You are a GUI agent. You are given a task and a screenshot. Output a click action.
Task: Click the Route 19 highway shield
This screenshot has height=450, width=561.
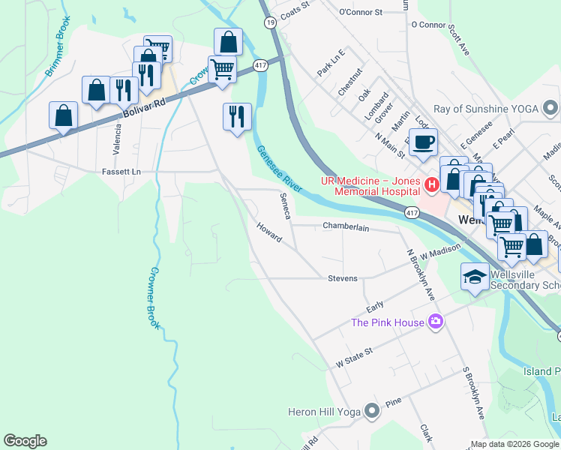[269, 23]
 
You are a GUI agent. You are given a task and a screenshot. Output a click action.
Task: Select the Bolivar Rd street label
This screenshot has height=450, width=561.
[141, 107]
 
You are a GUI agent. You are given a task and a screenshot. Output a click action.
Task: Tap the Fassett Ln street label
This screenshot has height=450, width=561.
[121, 172]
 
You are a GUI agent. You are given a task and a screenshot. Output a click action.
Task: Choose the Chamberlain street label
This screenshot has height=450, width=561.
[346, 226]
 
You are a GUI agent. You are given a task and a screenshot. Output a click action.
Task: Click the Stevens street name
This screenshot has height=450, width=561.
[343, 278]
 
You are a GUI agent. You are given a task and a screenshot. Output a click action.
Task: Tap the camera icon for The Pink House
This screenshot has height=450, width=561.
[435, 322]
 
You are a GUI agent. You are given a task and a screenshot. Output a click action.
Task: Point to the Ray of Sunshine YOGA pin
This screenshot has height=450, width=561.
[550, 109]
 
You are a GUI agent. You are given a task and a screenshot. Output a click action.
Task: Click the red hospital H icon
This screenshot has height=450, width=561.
[431, 184]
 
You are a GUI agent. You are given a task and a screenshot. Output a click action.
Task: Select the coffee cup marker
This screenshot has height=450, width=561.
[423, 141]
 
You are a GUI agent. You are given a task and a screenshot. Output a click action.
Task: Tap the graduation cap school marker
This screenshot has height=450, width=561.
[475, 277]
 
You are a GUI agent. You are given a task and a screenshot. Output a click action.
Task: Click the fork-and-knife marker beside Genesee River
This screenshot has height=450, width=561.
[237, 116]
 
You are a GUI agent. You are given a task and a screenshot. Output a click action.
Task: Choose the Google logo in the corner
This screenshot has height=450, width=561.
[25, 441]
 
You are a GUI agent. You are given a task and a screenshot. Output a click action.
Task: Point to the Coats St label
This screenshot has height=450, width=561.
[294, 5]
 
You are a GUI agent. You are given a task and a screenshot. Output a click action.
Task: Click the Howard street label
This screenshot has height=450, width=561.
[269, 232]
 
